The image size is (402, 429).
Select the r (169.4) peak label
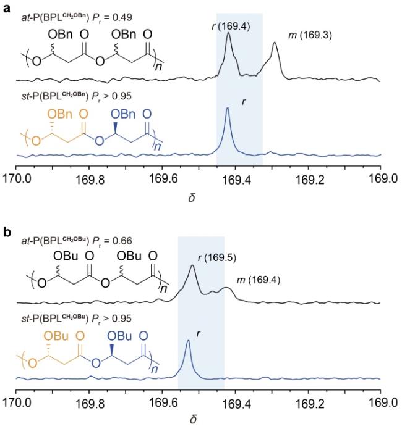click(229, 27)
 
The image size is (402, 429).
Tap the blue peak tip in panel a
click(228, 108)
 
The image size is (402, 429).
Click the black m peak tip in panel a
click(275, 43)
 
